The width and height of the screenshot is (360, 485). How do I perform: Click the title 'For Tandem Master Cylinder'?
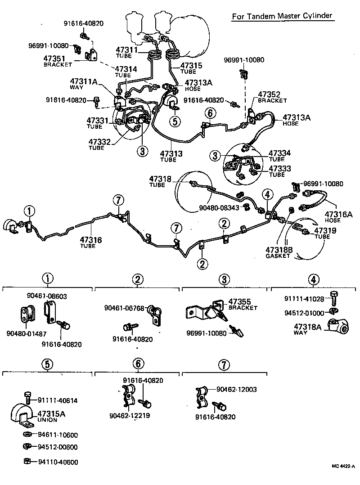[x=282, y=16]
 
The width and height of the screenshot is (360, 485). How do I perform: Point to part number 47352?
[x=269, y=94]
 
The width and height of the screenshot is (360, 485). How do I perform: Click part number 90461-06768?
[x=124, y=308]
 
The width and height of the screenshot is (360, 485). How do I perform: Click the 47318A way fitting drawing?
[x=337, y=327]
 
